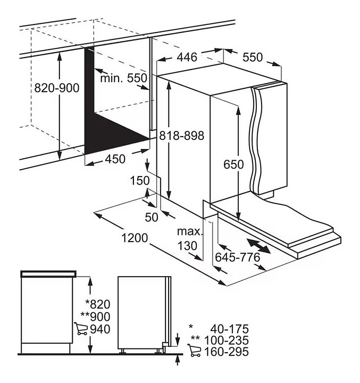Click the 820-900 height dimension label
click(x=57, y=88)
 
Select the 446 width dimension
click(x=187, y=57)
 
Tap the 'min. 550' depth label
click(x=123, y=78)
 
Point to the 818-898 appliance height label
click(x=181, y=136)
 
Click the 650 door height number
click(x=233, y=164)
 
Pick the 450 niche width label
click(x=115, y=159)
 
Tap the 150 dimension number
click(x=140, y=181)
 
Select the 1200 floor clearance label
click(x=135, y=238)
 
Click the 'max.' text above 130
click(x=190, y=231)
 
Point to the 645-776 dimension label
click(x=237, y=257)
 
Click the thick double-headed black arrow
click(x=258, y=246)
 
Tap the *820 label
click(x=98, y=304)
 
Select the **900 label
click(x=95, y=317)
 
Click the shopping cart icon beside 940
click(x=81, y=329)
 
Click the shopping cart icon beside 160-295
click(x=194, y=350)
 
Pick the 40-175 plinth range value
click(x=230, y=329)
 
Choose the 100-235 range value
click(x=226, y=340)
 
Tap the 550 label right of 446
click(x=253, y=57)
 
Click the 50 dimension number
click(x=152, y=217)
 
